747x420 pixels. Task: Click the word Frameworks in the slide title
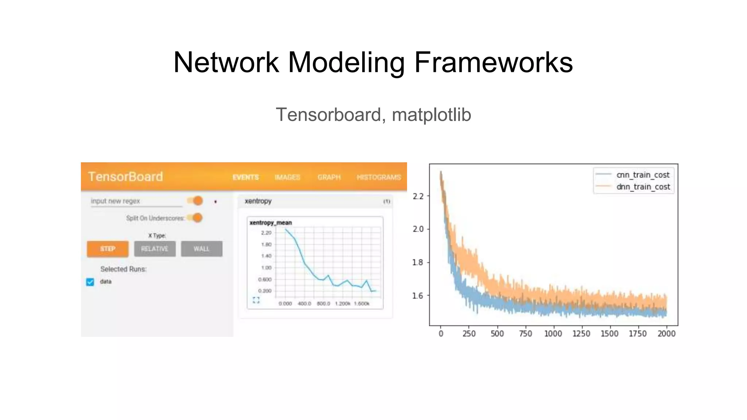[493, 62]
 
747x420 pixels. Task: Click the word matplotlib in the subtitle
[431, 115]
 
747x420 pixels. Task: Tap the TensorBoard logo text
[125, 177]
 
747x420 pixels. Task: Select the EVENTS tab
[245, 177]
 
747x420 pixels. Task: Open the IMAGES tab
[287, 177]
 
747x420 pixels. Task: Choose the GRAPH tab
[329, 177]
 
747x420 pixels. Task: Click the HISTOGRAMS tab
[378, 177]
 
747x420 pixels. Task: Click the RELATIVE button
[155, 249]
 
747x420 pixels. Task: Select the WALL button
[201, 249]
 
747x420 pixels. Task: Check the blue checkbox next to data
[90, 282]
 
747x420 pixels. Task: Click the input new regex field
[136, 201]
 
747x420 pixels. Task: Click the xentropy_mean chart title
[270, 222]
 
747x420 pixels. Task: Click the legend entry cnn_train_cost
[643, 175]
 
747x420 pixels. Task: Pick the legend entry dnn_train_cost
[643, 187]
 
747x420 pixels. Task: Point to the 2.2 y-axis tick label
[418, 197]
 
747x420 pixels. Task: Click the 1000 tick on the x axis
[553, 334]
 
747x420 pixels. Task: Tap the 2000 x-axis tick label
[666, 334]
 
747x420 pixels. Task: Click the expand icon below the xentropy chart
[256, 300]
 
